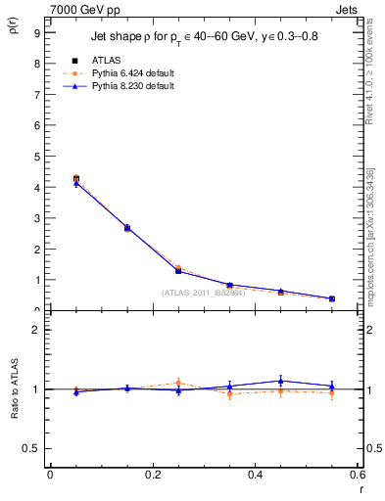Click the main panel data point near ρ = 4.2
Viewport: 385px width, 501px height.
(76, 179)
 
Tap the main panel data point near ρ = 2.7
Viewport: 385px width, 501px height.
(127, 227)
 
